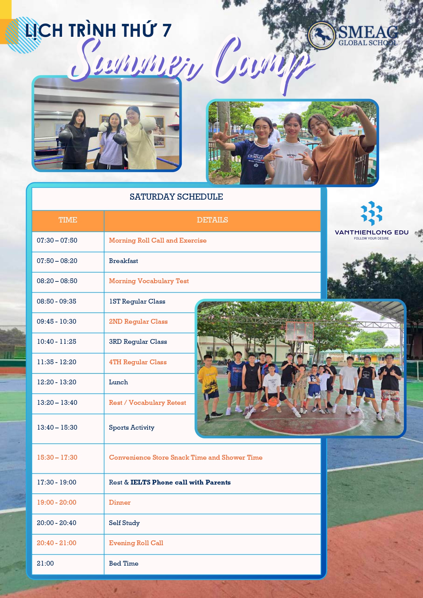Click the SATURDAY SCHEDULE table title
pyautogui.click(x=176, y=197)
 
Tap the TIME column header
pyautogui.click(x=68, y=220)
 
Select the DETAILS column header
pyautogui.click(x=212, y=220)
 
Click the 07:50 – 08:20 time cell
pyautogui.click(x=57, y=261)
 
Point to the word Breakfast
pyautogui.click(x=123, y=261)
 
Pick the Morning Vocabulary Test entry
pyautogui.click(x=149, y=281)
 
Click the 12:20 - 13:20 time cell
pyautogui.click(x=57, y=382)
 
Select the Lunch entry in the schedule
pyautogui.click(x=118, y=382)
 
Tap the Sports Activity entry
pyautogui.click(x=132, y=428)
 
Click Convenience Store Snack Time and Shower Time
pyautogui.click(x=186, y=458)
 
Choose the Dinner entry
pyautogui.click(x=120, y=503)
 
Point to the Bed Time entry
pyautogui.click(x=124, y=564)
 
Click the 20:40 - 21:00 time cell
pyautogui.click(x=57, y=543)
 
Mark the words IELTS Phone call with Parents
pyautogui.click(x=181, y=482)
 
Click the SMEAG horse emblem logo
pyautogui.click(x=321, y=36)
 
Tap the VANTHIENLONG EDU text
pyautogui.click(x=372, y=232)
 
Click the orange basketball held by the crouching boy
pyautogui.click(x=273, y=402)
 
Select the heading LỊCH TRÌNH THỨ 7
pyautogui.click(x=98, y=30)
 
